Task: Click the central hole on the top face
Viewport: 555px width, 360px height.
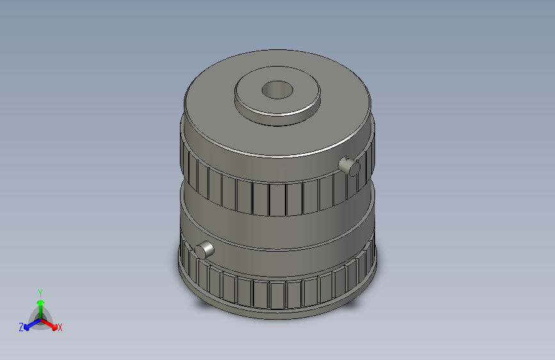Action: (x=277, y=90)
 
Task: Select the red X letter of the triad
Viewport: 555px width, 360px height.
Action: (x=60, y=328)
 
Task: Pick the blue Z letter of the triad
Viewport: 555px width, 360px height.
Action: (x=21, y=327)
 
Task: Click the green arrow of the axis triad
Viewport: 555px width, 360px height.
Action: (x=40, y=304)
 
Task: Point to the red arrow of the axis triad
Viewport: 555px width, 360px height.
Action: (x=51, y=323)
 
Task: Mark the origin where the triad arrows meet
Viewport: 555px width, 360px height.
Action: (x=40, y=318)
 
